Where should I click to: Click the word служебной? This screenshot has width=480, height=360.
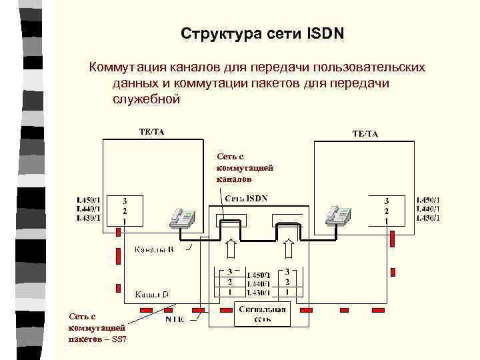(x=147, y=99)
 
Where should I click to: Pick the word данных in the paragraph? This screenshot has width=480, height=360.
(x=137, y=83)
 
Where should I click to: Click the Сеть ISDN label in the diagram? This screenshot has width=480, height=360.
(x=246, y=198)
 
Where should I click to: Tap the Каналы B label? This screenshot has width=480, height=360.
(x=155, y=250)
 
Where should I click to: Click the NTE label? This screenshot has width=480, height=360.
(x=175, y=319)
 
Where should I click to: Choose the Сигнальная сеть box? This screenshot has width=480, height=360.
(x=263, y=314)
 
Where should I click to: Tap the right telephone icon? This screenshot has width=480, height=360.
(x=337, y=215)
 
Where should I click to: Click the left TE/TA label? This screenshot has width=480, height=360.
(x=151, y=131)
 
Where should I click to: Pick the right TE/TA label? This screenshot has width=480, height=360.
(x=365, y=133)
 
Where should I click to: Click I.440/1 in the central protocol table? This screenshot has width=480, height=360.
(x=258, y=283)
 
